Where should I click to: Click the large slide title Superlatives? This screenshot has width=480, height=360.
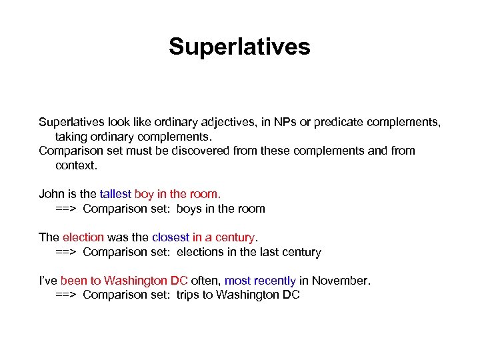239,47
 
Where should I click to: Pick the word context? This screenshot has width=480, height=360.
75,165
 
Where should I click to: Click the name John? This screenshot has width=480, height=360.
52,194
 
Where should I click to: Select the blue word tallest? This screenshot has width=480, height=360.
115,194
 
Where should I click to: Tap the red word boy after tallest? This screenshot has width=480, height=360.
144,194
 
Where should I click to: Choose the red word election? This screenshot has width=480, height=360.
83,237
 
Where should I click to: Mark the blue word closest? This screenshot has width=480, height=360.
171,237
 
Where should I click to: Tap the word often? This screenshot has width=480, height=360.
205,281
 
